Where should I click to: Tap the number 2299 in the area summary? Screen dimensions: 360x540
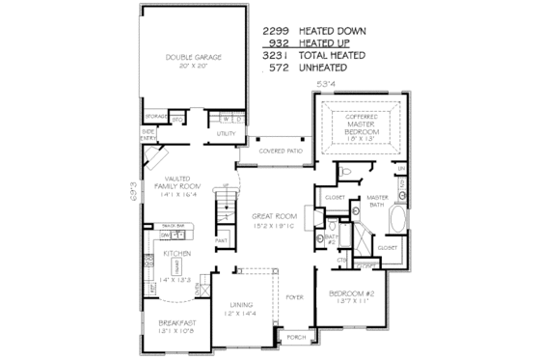pyautogui.click(x=277, y=30)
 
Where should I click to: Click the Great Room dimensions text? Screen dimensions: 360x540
pyautogui.click(x=272, y=227)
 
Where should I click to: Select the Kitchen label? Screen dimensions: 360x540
pyautogui.click(x=175, y=253)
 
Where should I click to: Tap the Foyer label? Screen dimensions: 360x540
pyautogui.click(x=294, y=297)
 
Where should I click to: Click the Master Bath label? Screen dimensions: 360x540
pyautogui.click(x=377, y=201)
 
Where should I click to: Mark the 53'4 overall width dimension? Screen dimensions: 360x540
pyautogui.click(x=327, y=85)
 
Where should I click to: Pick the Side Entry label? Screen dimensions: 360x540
pyautogui.click(x=150, y=133)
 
